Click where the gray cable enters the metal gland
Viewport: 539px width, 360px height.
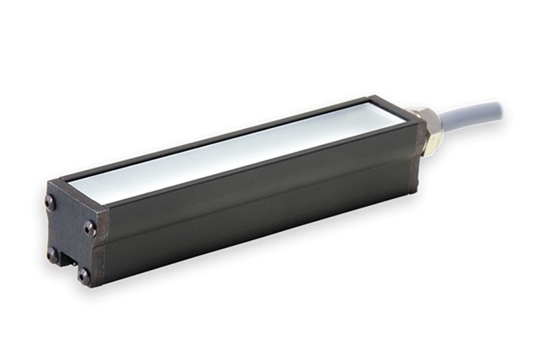coord(438,115)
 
